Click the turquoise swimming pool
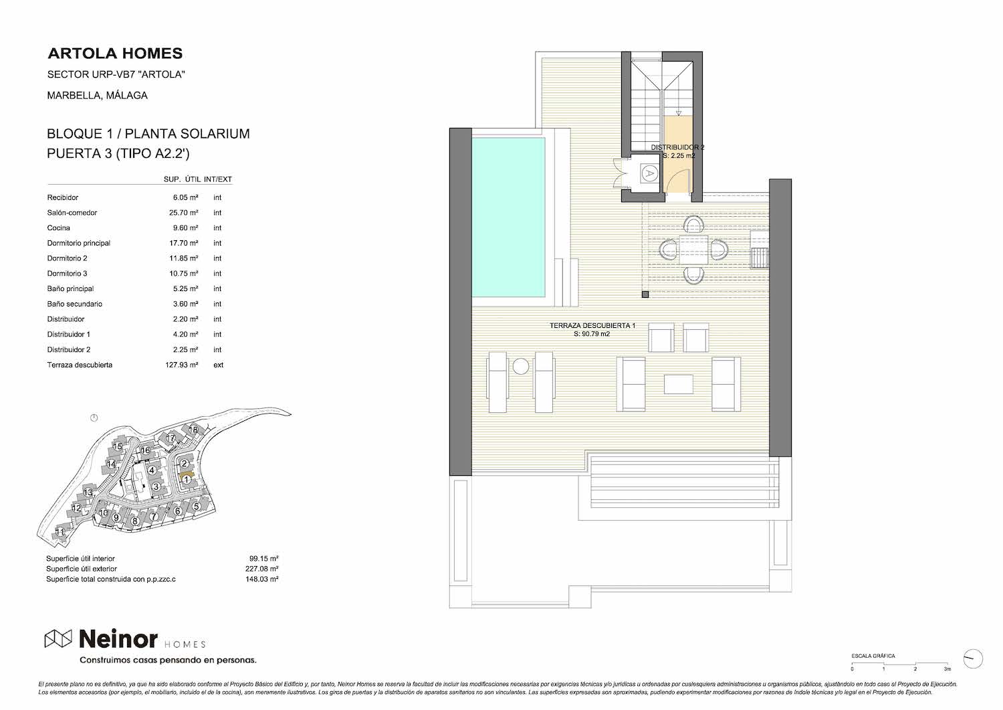click(508, 217)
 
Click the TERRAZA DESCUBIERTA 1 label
click(592, 326)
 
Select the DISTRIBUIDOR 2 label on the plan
click(677, 147)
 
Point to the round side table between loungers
click(521, 366)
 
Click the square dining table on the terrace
click(693, 250)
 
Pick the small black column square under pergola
click(645, 294)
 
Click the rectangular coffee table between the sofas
click(679, 384)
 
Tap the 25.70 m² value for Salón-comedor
click(184, 213)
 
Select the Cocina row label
click(59, 228)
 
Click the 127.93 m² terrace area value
click(182, 365)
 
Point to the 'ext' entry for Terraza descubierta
click(218, 365)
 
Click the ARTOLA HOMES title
click(115, 54)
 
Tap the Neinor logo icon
click(58, 638)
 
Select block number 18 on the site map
click(193, 430)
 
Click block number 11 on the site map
click(60, 531)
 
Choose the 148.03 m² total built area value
click(261, 579)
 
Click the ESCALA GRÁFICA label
click(873, 656)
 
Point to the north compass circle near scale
click(972, 660)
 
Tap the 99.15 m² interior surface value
click(263, 559)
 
